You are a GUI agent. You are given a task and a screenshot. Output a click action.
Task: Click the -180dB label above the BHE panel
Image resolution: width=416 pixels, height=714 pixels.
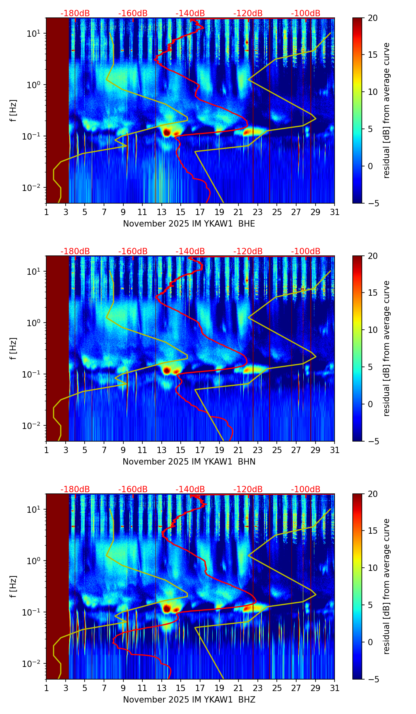[x=75, y=13]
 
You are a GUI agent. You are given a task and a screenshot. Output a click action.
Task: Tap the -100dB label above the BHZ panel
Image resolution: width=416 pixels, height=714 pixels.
[x=306, y=489]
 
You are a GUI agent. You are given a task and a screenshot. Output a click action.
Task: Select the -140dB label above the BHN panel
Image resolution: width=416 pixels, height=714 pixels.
[x=190, y=251]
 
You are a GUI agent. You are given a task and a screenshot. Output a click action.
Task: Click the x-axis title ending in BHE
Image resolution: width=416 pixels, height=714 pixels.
[x=189, y=224]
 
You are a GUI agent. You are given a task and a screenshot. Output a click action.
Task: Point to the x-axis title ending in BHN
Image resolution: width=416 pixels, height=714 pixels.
[x=189, y=462]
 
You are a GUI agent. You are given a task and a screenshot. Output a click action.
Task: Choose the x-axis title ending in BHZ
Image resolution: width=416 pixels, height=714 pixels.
[x=189, y=700]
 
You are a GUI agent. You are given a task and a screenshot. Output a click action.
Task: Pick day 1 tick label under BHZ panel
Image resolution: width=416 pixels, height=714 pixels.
[x=46, y=688]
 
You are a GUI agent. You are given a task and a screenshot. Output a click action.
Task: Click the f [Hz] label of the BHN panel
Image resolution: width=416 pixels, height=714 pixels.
[x=13, y=348]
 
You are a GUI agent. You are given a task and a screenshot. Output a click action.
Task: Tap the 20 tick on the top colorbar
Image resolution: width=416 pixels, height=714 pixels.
[x=373, y=18]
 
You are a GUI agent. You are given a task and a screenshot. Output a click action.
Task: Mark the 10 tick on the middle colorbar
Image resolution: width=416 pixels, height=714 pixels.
[x=373, y=330]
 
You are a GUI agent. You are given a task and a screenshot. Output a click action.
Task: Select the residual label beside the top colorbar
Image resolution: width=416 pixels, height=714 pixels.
[x=386, y=110]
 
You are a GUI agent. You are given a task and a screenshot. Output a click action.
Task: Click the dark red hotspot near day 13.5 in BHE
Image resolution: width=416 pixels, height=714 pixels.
[x=167, y=132]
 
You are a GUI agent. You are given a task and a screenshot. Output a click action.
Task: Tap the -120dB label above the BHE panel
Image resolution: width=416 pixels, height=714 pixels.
[x=248, y=13]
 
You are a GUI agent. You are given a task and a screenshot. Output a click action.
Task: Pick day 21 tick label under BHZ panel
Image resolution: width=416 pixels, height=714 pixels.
[x=238, y=688]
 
